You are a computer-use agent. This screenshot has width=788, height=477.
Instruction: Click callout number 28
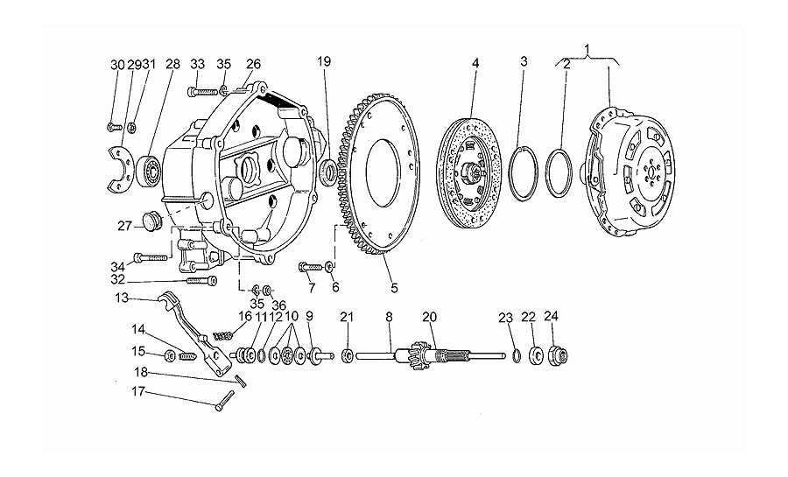click(172, 64)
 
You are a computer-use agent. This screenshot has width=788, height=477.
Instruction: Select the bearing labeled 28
click(148, 171)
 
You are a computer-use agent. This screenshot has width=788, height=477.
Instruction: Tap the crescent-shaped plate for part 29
click(121, 170)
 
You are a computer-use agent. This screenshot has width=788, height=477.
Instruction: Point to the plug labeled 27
click(151, 221)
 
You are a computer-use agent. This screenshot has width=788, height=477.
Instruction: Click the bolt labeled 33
click(203, 92)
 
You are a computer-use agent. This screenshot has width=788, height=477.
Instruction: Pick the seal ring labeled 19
click(328, 172)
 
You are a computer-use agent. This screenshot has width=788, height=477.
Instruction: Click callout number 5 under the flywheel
click(394, 288)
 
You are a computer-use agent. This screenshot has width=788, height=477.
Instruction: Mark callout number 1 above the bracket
click(587, 49)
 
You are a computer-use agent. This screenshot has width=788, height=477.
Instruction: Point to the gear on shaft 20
click(419, 355)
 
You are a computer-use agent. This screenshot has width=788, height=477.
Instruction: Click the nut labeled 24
click(556, 356)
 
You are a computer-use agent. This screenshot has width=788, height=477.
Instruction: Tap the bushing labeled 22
click(536, 355)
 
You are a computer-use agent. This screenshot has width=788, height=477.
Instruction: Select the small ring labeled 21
click(346, 356)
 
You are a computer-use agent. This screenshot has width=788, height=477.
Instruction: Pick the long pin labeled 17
click(224, 401)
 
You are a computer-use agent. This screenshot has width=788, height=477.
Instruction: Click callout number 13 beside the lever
click(122, 298)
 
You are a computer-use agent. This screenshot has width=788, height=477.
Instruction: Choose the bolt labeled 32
click(201, 281)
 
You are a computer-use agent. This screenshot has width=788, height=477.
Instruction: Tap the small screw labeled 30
click(115, 127)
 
